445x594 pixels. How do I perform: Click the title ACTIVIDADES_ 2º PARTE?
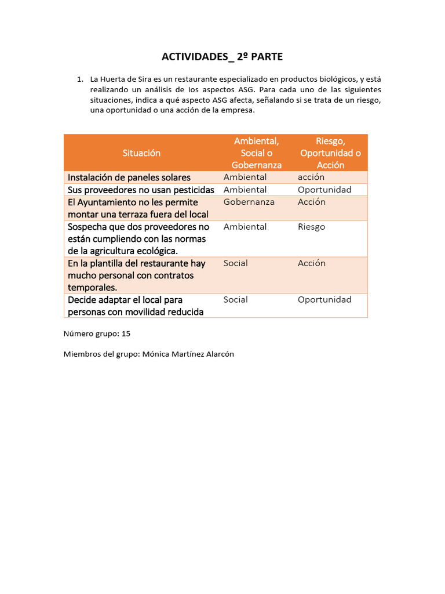point(222,56)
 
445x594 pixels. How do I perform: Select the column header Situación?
point(141,153)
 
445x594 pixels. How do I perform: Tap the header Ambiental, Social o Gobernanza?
point(257,153)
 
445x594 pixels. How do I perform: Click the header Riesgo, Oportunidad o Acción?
point(330,153)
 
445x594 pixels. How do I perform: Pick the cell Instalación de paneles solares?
point(129,178)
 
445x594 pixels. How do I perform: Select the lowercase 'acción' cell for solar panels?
point(311,177)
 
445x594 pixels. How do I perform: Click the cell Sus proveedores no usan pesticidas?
point(141,190)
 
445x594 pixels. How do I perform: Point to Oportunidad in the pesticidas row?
point(324,190)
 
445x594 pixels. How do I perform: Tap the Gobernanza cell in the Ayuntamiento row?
point(249,202)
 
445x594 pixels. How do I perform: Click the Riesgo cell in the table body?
point(311,227)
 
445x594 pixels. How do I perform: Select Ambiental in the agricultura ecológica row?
point(245,227)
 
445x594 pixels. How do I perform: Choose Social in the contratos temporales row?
point(235,263)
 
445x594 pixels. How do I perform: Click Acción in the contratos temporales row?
point(312,263)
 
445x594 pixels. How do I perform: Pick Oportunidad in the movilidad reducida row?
point(324,300)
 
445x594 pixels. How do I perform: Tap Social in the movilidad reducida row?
point(235,300)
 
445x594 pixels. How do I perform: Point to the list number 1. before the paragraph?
point(81,79)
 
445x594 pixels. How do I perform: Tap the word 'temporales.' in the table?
point(92,287)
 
